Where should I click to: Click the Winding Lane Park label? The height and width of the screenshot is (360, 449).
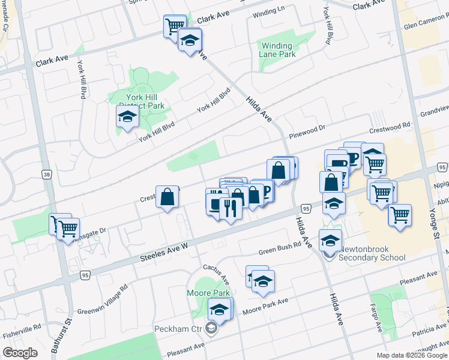[x=277, y=50]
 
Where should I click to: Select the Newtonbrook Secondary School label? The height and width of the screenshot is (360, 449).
[x=370, y=253]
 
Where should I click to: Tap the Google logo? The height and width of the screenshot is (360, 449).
[x=20, y=353]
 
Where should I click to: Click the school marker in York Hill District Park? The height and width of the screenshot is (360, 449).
[x=128, y=116]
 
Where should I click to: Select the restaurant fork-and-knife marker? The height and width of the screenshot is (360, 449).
[x=231, y=208]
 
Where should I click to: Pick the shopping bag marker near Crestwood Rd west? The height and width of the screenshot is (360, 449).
[x=167, y=197]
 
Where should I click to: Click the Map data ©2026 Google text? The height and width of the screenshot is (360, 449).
[x=412, y=355]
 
